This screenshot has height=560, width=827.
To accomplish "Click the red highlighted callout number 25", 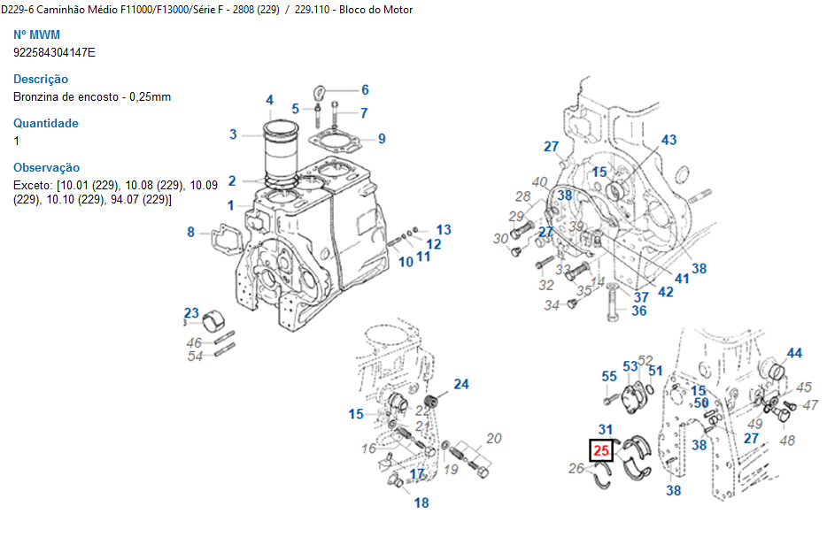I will pos(602,451).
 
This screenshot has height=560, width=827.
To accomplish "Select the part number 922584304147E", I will pos(54,52).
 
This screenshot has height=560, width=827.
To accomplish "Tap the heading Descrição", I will pos(41,79).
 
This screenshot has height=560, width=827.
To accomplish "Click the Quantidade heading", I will pos(46,123).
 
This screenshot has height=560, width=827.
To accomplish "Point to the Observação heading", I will pos(46,167).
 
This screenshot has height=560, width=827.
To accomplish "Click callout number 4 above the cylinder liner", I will pos(269,100).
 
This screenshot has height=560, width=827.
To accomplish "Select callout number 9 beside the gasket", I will pos(382,138).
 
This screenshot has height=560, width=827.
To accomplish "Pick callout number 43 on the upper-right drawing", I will pos(669,140).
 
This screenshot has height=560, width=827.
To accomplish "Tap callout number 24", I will pos(461,384).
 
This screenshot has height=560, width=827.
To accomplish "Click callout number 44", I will pos(794,353).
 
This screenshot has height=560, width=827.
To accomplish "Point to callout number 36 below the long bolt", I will pos(639,311).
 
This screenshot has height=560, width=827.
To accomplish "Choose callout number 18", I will pos(421,502).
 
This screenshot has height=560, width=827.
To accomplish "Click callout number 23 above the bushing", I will pos(191,312).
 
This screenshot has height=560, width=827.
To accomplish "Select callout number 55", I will pos(609,377).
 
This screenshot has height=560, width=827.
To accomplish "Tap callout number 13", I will pos(443,230).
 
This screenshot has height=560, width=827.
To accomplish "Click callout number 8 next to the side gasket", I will pos(190,233).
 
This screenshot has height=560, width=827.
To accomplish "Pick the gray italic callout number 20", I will pos(494,438).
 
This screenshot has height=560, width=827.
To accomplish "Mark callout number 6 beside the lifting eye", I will pos(364,89).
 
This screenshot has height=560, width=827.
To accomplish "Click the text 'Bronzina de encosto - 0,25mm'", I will pos(92,96).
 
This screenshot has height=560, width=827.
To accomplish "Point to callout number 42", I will pos(666,291).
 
